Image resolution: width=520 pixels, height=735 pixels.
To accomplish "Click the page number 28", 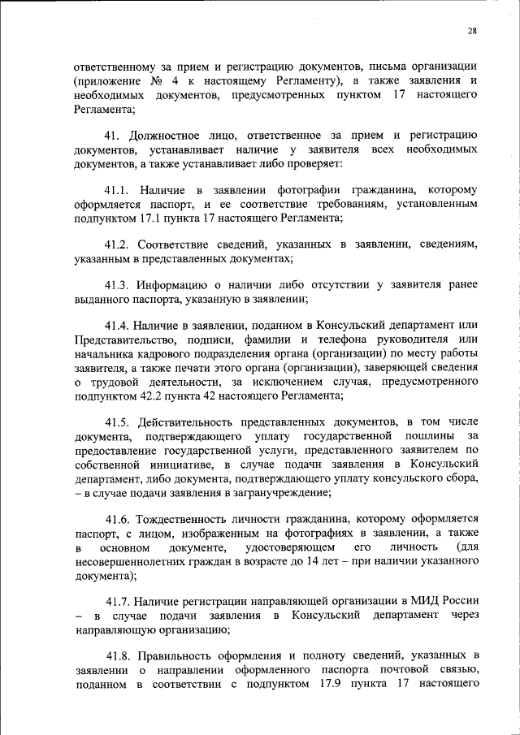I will (472, 31).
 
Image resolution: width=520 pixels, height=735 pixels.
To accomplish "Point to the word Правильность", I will (177, 655).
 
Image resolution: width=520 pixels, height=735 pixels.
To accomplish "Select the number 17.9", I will (323, 683).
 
